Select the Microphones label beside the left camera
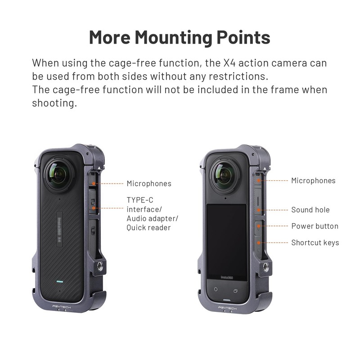tap(148, 184)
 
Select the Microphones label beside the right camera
tap(313, 180)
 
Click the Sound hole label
tap(310, 210)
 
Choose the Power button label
tap(315, 226)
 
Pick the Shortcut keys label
tap(315, 243)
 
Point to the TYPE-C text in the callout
tap(140, 200)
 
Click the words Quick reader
tap(148, 228)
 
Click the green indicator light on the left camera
tap(59, 283)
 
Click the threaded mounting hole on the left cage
tap(98, 267)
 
